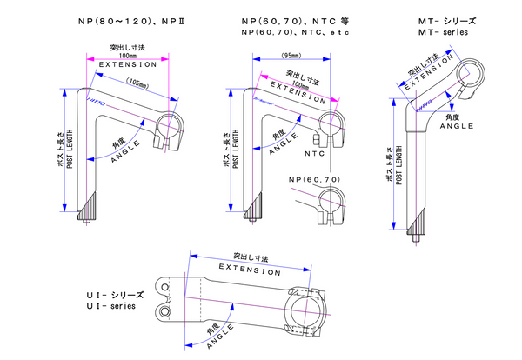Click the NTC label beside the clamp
[319, 153]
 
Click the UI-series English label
[110, 307]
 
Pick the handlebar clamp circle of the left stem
[168, 127]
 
